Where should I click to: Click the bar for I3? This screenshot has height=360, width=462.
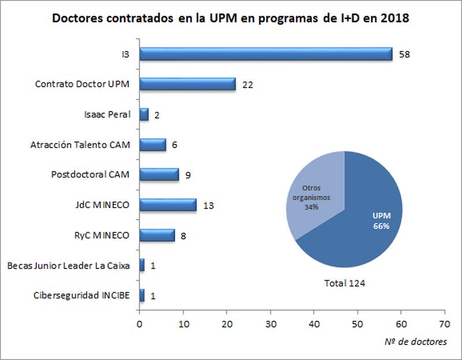coord(266,54)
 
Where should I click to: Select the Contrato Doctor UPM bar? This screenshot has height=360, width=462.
coord(188,84)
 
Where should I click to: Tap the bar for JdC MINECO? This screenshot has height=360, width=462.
coord(168,205)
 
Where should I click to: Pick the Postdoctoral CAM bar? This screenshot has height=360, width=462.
coord(159,174)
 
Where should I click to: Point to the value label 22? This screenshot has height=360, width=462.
coord(248,84)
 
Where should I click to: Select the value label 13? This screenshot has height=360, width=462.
coord(208,205)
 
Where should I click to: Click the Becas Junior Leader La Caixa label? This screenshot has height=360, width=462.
coord(68,266)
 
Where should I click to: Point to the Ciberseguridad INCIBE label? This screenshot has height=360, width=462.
coord(81,296)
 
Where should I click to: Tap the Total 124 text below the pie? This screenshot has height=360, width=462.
coord(344,283)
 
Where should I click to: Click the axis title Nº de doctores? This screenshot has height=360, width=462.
coord(415,342)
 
